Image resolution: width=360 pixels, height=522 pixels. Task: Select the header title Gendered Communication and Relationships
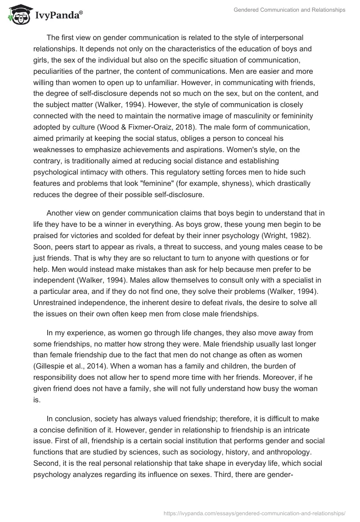pos(290,9)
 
